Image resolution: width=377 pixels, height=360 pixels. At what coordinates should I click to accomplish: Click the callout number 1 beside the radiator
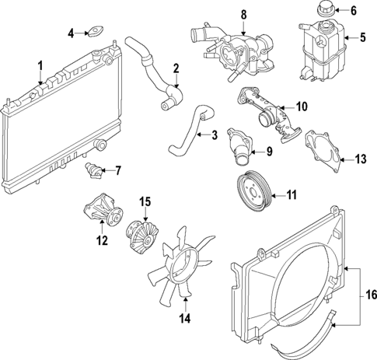(41, 65)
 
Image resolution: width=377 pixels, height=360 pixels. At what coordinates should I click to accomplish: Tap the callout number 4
(71, 33)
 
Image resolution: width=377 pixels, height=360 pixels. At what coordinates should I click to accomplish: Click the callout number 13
(360, 159)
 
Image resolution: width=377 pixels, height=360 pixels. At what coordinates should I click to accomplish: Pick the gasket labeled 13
(326, 153)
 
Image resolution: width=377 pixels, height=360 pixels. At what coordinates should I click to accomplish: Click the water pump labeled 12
(99, 213)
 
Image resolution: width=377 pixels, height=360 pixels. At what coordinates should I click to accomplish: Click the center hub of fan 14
(185, 256)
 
